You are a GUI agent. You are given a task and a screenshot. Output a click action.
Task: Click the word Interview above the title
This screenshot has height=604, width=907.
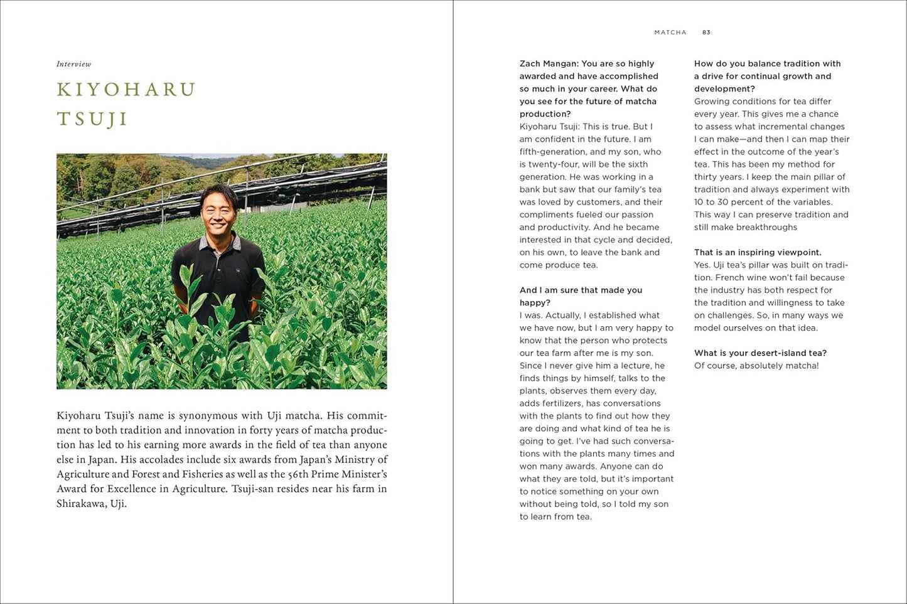73,64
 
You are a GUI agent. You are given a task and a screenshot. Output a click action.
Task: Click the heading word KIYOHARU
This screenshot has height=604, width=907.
126,90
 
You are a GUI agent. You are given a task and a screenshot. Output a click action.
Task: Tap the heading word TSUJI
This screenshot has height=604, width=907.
92,119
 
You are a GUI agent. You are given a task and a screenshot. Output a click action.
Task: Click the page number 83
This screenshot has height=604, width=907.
706,32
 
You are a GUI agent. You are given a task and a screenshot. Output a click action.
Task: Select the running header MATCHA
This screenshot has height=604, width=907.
670,32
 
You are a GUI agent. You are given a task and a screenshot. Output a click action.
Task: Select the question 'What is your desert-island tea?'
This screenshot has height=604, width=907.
760,352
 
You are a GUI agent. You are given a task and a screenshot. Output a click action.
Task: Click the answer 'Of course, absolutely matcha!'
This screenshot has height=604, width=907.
756,365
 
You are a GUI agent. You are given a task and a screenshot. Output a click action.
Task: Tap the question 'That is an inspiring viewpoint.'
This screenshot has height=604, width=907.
758,252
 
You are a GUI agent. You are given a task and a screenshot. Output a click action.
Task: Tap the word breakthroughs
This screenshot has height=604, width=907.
766,227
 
